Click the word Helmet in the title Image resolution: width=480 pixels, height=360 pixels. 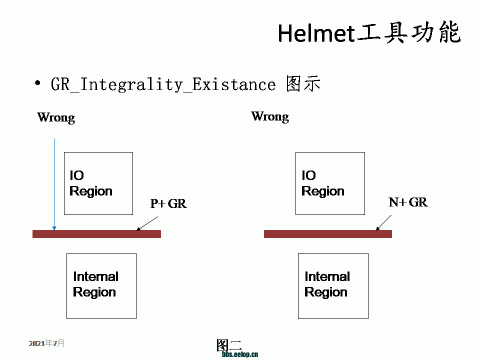coord(316,33)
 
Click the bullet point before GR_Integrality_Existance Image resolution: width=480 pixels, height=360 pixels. coord(37,83)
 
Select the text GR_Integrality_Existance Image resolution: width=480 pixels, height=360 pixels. coord(163,84)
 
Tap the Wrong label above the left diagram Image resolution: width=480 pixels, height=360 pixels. coord(56,117)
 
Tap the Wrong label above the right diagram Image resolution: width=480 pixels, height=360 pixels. coord(270,116)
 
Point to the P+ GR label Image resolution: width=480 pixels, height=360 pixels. coord(168,203)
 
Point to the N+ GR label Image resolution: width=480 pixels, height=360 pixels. coord(408,202)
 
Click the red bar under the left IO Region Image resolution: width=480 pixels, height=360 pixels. coord(96,234)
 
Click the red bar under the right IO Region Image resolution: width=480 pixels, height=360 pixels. coord(328,234)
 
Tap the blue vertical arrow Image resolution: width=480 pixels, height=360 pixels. coord(54,184)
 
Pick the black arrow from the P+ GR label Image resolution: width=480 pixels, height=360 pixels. coord(147,223)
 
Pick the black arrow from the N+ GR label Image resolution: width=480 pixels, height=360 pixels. coord(383,222)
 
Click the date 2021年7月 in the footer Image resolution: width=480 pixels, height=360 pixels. coord(46,343)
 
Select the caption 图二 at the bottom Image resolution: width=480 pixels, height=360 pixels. coord(229,345)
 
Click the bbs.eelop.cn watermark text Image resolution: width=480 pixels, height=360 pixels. coord(240,354)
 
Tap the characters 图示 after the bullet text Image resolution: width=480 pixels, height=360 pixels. coord(303,83)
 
